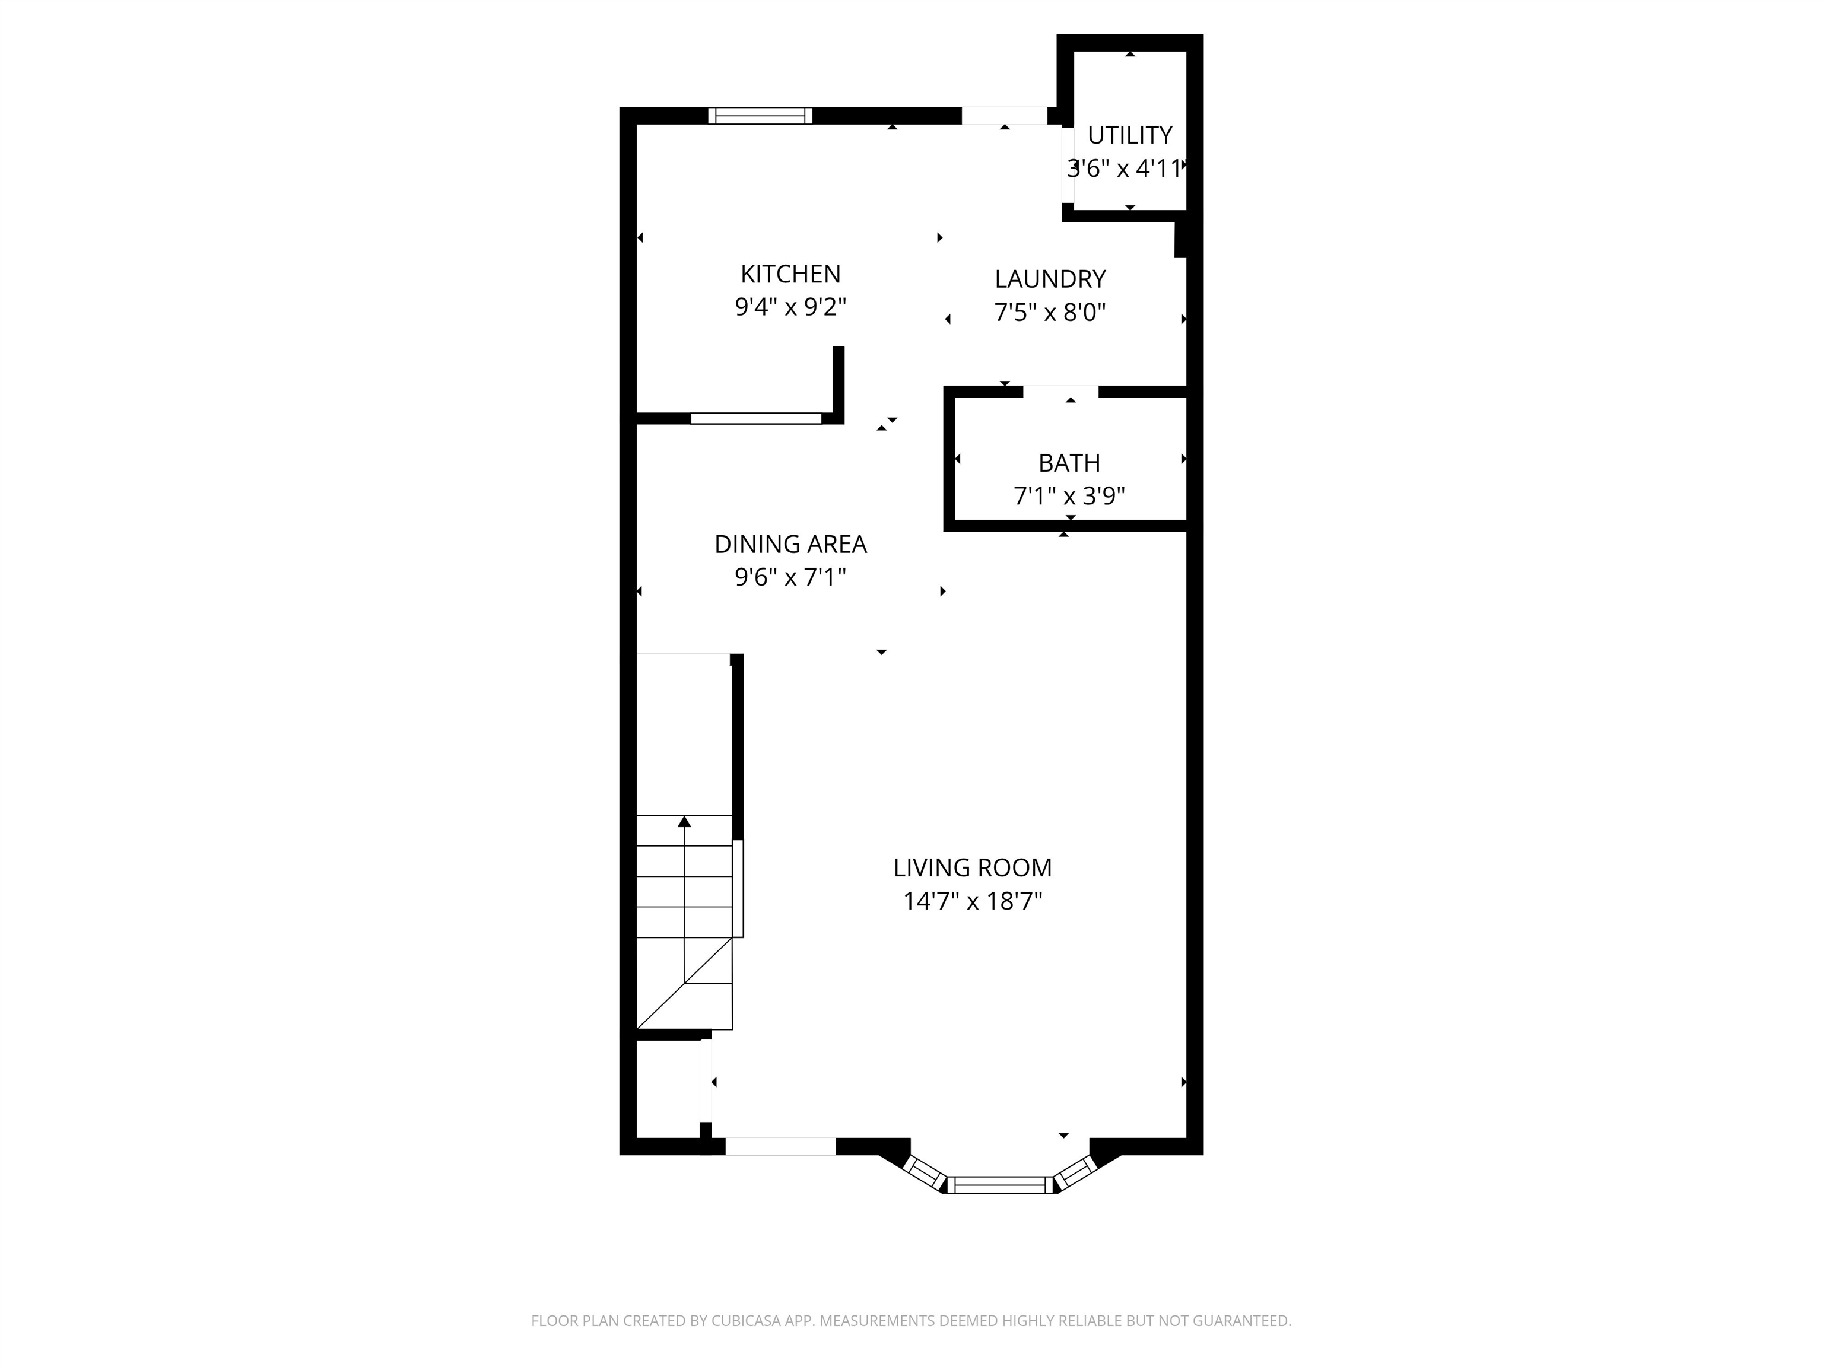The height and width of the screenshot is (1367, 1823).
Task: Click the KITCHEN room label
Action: pos(790,274)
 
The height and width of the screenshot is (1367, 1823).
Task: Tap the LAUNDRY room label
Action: pos(1050,279)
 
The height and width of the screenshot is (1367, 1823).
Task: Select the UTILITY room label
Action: pos(1130,134)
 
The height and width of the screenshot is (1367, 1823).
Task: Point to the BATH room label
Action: pos(1069,463)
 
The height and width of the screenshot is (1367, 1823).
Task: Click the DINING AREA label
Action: pos(790,544)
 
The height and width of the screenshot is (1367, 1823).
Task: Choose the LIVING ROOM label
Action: pos(973,867)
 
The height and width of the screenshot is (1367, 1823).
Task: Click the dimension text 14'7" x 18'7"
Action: pos(973,901)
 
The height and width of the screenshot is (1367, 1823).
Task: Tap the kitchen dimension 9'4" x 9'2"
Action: pos(790,307)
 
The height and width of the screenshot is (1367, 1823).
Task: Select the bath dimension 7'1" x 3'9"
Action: pos(1069,496)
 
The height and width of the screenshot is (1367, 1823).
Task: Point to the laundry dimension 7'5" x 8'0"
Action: pos(1050,312)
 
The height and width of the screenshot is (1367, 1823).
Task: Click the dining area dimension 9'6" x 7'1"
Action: pos(790,577)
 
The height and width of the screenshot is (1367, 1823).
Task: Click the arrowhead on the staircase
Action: pos(684,822)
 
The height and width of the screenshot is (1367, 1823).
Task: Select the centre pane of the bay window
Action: pos(1000,1185)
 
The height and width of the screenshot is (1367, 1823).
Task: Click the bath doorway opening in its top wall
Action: pos(1060,392)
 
